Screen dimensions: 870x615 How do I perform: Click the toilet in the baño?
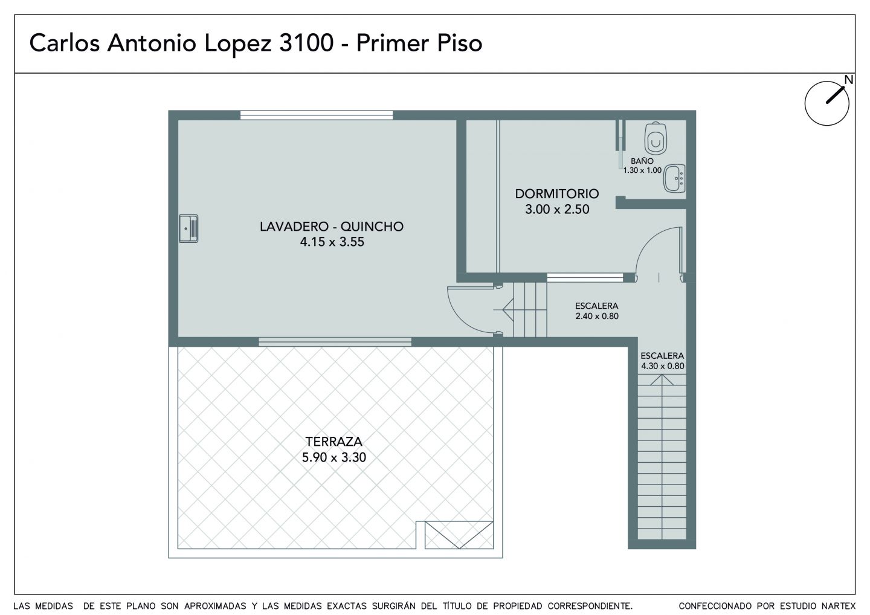pos(656,138)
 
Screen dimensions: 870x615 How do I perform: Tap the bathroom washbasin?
pos(674,179)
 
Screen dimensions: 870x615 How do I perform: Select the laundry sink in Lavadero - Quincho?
pos(188,229)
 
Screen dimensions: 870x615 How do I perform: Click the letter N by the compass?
pos(849,80)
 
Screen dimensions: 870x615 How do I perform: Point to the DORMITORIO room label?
pos(557,193)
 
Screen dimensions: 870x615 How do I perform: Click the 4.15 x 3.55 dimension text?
pos(332,242)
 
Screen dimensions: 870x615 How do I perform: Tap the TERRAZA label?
pos(333,442)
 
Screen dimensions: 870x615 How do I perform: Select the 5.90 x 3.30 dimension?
pos(334,457)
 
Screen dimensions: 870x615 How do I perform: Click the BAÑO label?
pos(642,160)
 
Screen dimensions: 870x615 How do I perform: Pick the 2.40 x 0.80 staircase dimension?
pos(597,316)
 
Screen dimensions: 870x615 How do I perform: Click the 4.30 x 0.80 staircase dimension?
pos(663,365)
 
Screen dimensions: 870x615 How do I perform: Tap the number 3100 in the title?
pos(306,43)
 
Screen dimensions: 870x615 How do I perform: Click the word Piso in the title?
pos(459,43)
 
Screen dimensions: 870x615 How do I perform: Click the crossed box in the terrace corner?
pos(459,535)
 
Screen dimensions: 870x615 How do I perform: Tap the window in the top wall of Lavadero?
pos(317,115)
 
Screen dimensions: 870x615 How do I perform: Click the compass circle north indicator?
pos(827,103)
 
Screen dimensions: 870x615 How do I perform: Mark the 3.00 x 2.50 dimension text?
pos(557,209)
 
